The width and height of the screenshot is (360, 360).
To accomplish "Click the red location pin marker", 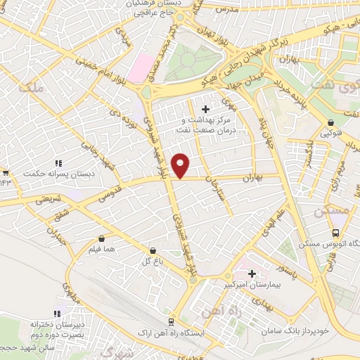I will point(181,165).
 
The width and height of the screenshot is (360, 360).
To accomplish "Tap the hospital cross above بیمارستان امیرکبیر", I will point(252,274).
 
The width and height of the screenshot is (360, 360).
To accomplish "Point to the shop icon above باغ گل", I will point(153,250).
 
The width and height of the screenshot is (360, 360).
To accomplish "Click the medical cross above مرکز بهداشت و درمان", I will point(205,109).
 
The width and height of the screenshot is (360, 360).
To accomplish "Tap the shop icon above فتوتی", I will point(326,121).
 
